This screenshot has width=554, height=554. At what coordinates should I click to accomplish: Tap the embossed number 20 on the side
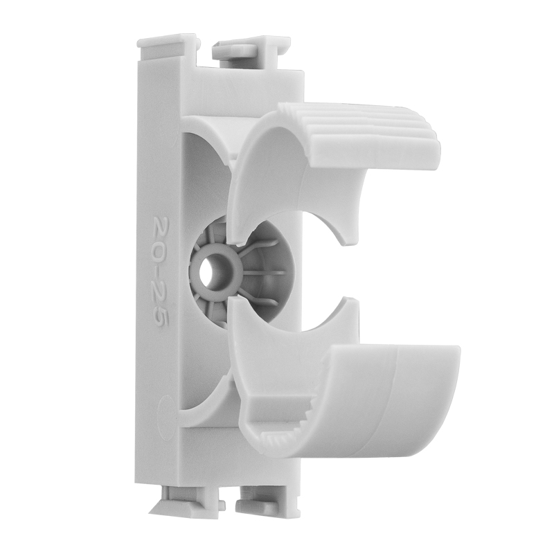pyautogui.click(x=160, y=233)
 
